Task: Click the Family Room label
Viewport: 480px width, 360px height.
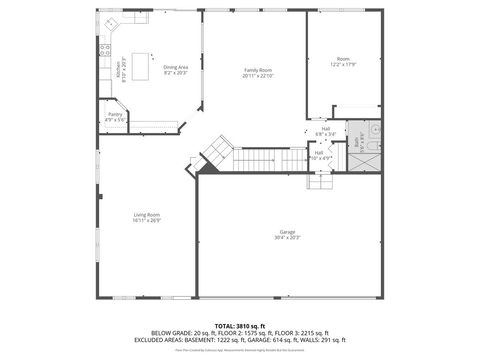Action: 258,70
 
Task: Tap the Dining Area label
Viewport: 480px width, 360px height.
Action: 175,67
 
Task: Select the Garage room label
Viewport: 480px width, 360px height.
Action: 288,232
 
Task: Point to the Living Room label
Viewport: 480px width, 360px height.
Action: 147,215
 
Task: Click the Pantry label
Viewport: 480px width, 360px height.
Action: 115,115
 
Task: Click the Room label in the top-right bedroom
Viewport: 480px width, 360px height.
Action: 343,60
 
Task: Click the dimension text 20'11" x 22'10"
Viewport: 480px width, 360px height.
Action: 258,76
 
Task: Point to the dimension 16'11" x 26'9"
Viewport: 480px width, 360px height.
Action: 147,221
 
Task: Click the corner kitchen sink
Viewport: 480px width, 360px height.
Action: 109,22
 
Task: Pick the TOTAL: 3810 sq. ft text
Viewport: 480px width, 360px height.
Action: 239,325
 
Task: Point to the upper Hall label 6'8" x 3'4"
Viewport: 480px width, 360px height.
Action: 325,130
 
